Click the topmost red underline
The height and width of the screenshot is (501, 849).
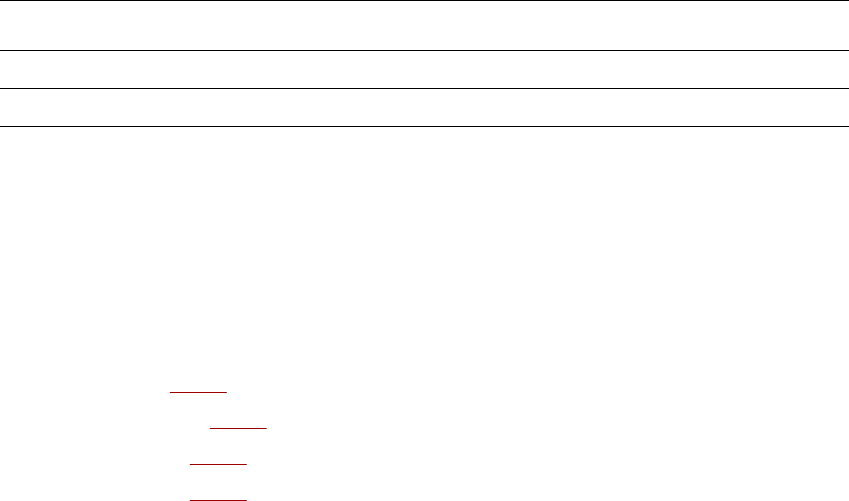199,392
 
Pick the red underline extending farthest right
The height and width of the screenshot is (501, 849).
239,427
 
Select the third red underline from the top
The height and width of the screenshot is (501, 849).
218,464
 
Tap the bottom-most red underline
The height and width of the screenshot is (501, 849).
218,498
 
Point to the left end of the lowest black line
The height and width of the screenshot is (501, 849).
1,126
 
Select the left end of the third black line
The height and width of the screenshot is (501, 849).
1,88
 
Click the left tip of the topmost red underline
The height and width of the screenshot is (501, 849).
171,392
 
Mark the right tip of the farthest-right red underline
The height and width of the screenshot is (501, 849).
267,427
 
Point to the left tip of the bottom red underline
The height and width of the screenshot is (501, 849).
190,498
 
